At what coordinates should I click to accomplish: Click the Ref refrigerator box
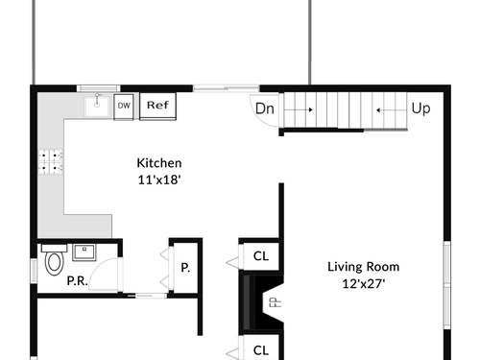point(158,107)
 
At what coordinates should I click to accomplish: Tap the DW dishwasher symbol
point(124,107)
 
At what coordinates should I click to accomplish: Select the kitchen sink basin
point(97,107)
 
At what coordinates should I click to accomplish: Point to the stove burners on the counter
point(50,161)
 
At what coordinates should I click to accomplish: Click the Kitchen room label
point(159,163)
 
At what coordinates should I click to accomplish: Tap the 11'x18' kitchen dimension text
point(159,180)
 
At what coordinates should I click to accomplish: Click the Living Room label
point(364,267)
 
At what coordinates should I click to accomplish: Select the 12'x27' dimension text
point(364,284)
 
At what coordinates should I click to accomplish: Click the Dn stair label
point(265,108)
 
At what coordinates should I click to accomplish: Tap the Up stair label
point(420,108)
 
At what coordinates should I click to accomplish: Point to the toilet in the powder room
point(54,259)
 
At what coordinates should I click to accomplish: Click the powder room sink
point(84,252)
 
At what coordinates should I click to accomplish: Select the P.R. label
point(77,281)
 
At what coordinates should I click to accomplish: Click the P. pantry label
point(185,268)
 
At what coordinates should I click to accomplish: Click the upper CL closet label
point(261,256)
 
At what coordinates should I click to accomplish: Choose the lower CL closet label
point(261,350)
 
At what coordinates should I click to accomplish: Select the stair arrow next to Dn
point(299,109)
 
